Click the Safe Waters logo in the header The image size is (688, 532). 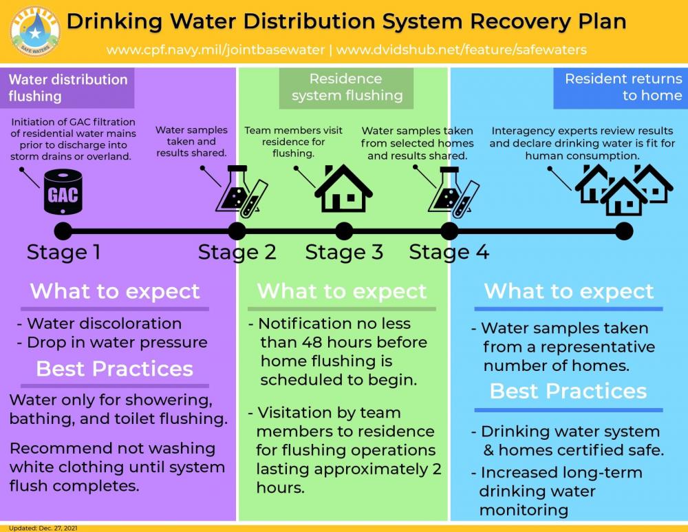tap(34, 32)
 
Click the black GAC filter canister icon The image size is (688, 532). tap(63, 192)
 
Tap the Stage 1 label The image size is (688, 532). tap(63, 252)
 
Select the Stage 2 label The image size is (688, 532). tap(237, 253)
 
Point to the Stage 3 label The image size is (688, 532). tap(344, 253)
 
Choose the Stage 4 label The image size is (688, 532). tap(449, 253)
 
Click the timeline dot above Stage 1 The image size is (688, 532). tap(63, 231)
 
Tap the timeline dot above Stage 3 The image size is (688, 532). tap(344, 231)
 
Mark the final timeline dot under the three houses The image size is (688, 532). tap(624, 231)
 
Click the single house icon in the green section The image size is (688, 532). tap(343, 189)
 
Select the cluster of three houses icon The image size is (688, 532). tap(623, 190)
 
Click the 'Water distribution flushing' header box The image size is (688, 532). tap(67, 88)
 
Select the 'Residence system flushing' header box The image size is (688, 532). tap(346, 88)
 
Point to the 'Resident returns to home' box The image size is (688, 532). tap(621, 88)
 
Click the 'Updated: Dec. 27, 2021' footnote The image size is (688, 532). tap(43, 528)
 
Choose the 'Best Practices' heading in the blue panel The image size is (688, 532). tap(568, 391)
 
